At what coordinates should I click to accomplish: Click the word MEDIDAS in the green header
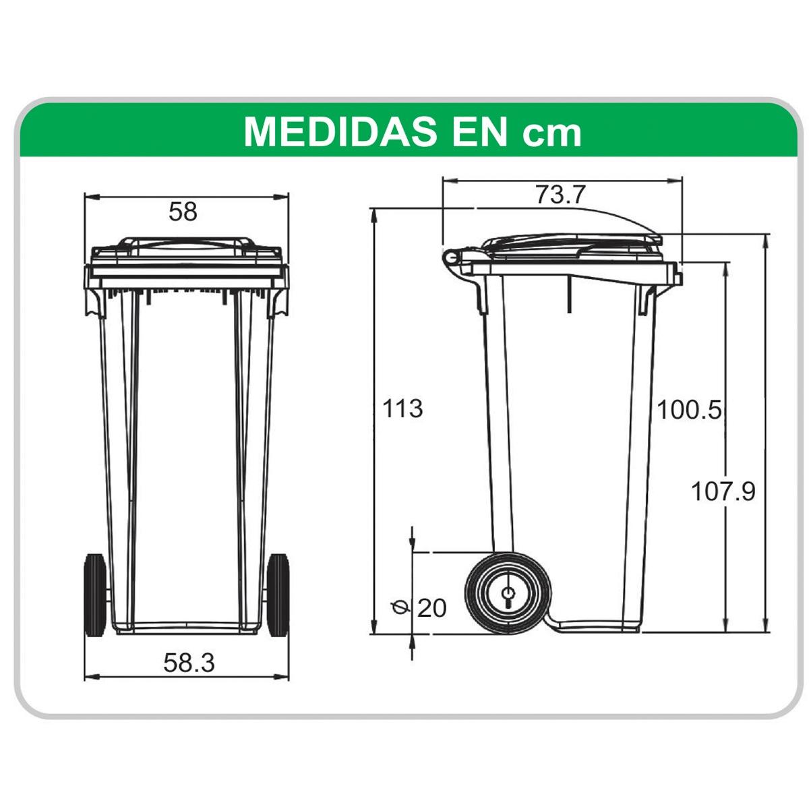point(340,132)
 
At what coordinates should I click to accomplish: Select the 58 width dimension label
point(183,212)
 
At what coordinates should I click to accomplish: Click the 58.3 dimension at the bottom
point(189,663)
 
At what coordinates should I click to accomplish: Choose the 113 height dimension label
point(402,409)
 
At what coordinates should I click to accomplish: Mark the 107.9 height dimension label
point(723,491)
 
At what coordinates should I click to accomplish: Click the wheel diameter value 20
point(431,608)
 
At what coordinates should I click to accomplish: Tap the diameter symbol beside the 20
point(399,607)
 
